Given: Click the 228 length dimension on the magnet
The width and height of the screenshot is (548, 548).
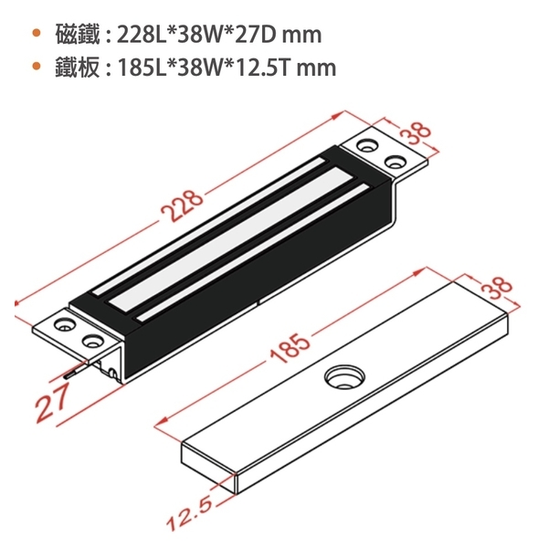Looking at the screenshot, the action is [182, 206].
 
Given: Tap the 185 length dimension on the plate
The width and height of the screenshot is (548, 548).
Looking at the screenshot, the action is [290, 348].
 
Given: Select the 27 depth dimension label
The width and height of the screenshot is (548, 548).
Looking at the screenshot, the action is [52, 403].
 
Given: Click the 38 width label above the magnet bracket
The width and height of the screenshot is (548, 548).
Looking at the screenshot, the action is [415, 133].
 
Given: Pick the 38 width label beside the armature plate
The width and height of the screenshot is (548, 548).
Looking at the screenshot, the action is [496, 289].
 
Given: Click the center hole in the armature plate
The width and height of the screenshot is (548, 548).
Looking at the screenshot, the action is [344, 377].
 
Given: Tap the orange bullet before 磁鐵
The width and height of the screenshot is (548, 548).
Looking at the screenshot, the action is [36, 33].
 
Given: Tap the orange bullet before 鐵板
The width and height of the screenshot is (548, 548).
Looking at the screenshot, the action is [36, 66].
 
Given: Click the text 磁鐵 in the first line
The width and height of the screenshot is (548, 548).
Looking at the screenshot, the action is [78, 35].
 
